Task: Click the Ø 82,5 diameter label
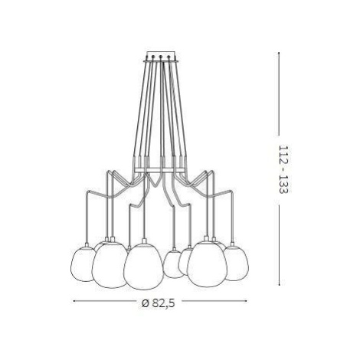[x=159, y=303]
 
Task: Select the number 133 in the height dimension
[x=283, y=185]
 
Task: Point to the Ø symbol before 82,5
[x=145, y=303]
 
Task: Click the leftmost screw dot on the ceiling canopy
[x=152, y=57]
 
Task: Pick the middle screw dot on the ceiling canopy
[x=161, y=57]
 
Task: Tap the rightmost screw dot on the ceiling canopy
[x=169, y=57]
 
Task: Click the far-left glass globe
[x=81, y=263]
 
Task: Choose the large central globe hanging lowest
[x=143, y=267]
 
